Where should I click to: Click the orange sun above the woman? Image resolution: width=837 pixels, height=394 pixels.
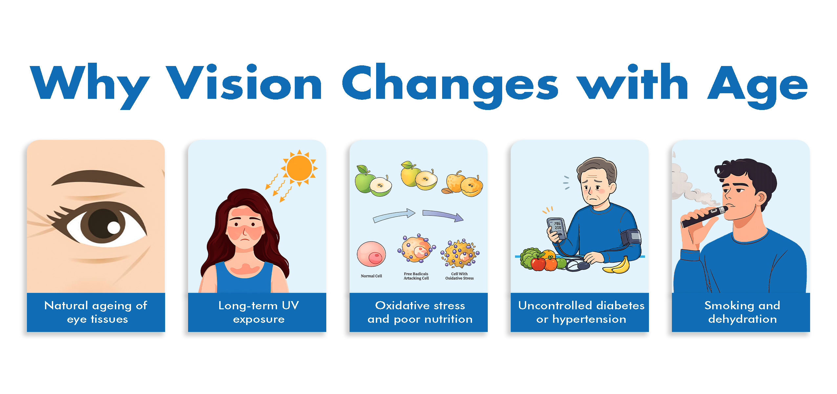[x=299, y=168]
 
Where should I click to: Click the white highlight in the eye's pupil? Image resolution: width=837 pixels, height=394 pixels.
[x=114, y=228]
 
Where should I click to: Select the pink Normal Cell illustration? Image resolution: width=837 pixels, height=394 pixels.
[x=371, y=254]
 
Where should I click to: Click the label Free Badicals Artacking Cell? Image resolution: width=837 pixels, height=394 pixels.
[x=416, y=276]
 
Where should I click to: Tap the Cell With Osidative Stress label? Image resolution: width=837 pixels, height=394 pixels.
[x=459, y=276]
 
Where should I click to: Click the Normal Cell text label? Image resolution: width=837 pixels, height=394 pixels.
[x=371, y=276]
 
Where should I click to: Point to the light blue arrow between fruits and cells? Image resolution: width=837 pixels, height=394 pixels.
[x=394, y=215]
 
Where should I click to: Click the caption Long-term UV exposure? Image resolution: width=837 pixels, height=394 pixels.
[x=259, y=312]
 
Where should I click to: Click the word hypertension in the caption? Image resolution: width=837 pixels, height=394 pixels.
[x=589, y=319]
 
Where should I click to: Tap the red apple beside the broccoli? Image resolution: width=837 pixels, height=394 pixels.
[x=538, y=264]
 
